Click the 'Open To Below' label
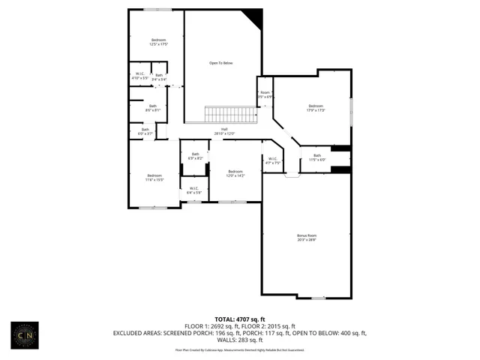(x=220, y=63)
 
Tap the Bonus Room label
(x=307, y=238)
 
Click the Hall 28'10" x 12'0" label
(x=224, y=131)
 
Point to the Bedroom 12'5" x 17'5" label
(x=158, y=42)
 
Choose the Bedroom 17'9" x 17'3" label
(x=315, y=109)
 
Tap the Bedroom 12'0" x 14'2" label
(x=235, y=173)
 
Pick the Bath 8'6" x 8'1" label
(x=152, y=108)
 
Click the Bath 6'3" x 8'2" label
(x=194, y=157)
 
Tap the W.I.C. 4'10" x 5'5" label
(x=139, y=76)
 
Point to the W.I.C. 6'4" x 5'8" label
(x=193, y=190)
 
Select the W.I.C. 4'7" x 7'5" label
(x=272, y=160)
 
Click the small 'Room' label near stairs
(x=265, y=94)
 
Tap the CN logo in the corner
(x=25, y=335)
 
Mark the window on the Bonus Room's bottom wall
(x=319, y=298)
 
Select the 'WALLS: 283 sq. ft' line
(x=240, y=340)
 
